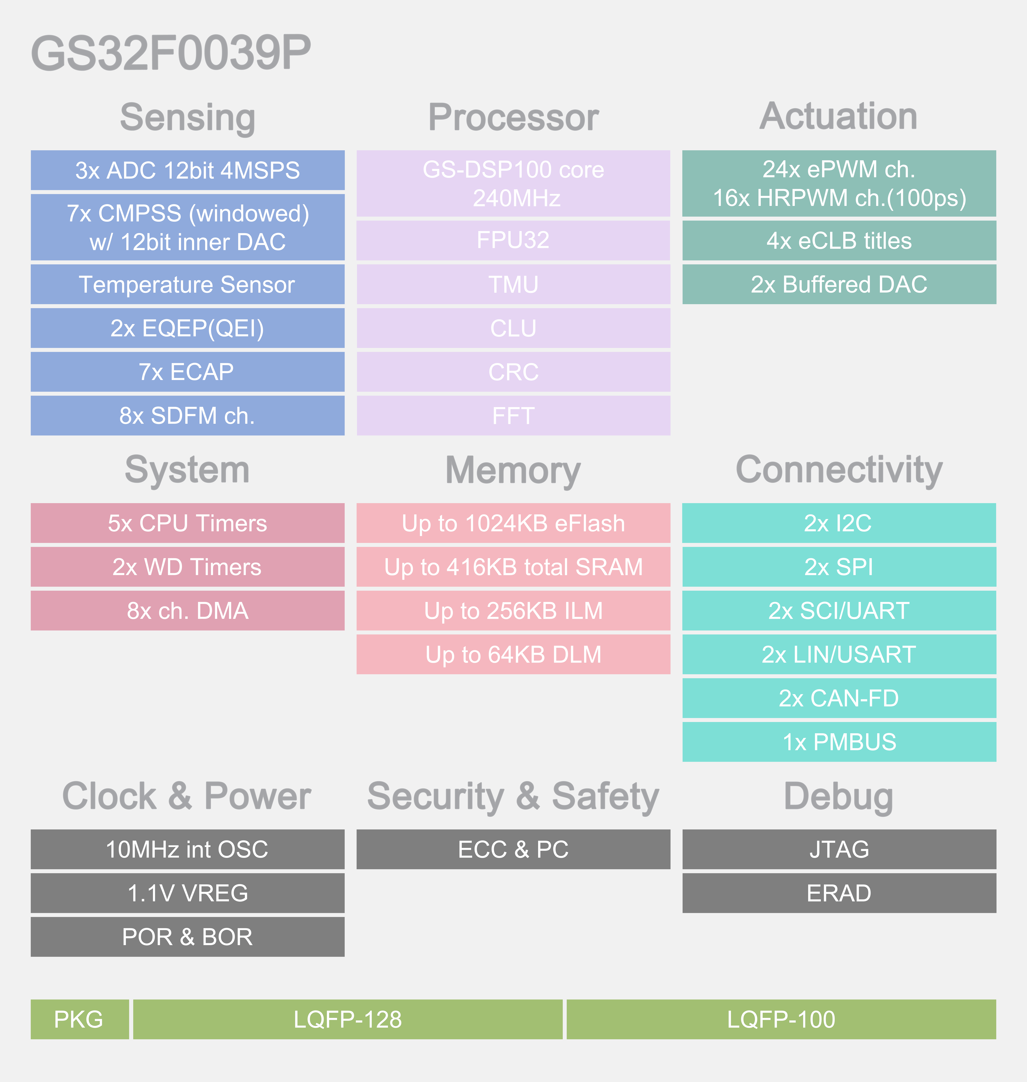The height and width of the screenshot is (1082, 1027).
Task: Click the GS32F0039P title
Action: [x=171, y=53]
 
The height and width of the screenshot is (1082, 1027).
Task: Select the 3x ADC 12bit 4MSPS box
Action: [x=187, y=170]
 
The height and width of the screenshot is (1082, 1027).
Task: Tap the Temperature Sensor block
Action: [x=187, y=284]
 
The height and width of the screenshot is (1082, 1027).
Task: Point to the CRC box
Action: [x=513, y=372]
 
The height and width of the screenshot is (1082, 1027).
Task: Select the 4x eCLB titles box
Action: [x=839, y=240]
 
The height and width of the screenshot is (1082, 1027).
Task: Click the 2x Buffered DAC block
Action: [x=839, y=284]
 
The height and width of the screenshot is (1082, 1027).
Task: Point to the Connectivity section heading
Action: [x=839, y=470]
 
